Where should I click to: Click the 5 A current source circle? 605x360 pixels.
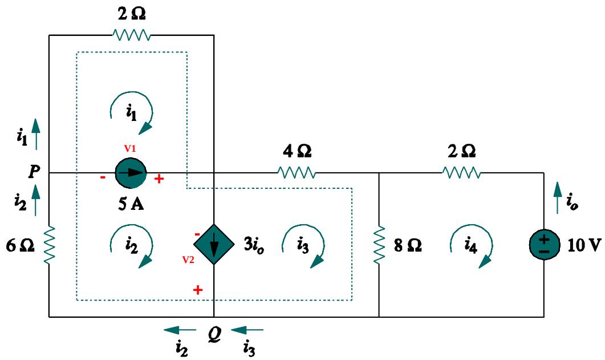pyautogui.click(x=131, y=173)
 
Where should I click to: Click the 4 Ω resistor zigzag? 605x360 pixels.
pyautogui.click(x=296, y=173)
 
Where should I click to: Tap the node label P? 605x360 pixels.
pyautogui.click(x=36, y=172)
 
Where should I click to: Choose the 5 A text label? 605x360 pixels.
pyautogui.click(x=131, y=205)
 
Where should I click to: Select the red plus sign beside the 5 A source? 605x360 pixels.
pyautogui.click(x=159, y=180)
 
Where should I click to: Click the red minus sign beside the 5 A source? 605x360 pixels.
pyautogui.click(x=103, y=177)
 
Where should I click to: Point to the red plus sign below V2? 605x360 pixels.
pyautogui.click(x=198, y=290)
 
